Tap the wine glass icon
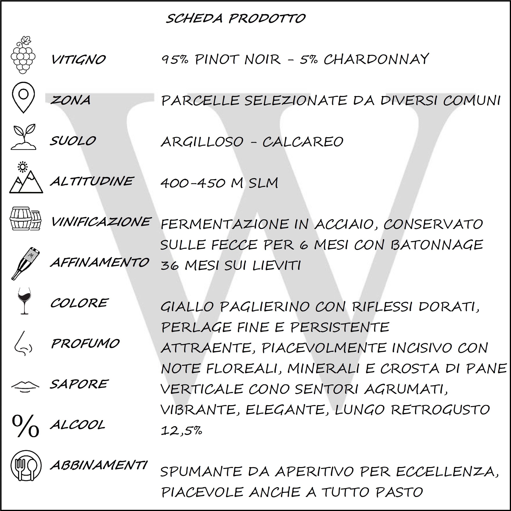(x=24, y=301)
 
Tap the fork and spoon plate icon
(x=26, y=465)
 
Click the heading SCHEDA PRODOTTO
(x=235, y=19)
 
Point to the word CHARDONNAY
(x=376, y=59)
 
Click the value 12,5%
(x=181, y=430)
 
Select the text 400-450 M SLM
(x=219, y=183)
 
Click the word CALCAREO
(x=303, y=142)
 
